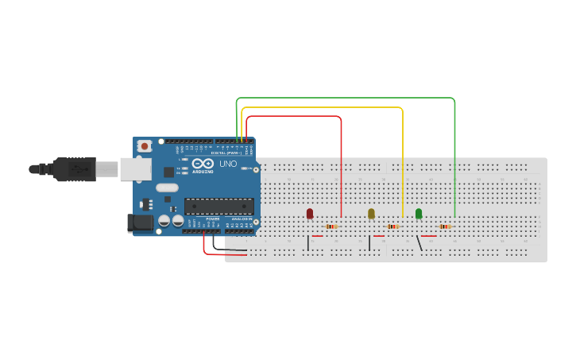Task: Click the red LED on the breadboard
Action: (310, 213)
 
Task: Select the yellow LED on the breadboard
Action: (371, 213)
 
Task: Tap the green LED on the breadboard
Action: (419, 213)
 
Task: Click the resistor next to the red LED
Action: (332, 226)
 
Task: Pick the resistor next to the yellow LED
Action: (392, 226)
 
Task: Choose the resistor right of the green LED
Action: (445, 226)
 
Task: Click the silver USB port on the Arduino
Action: (136, 168)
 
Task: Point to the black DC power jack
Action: (141, 223)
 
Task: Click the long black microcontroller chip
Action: (219, 207)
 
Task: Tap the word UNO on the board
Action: (228, 164)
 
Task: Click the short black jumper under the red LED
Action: (308, 242)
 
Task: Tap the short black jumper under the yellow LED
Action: (369, 242)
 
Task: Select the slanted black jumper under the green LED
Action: (419, 242)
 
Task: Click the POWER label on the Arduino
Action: (212, 219)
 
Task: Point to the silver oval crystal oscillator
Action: (168, 188)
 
